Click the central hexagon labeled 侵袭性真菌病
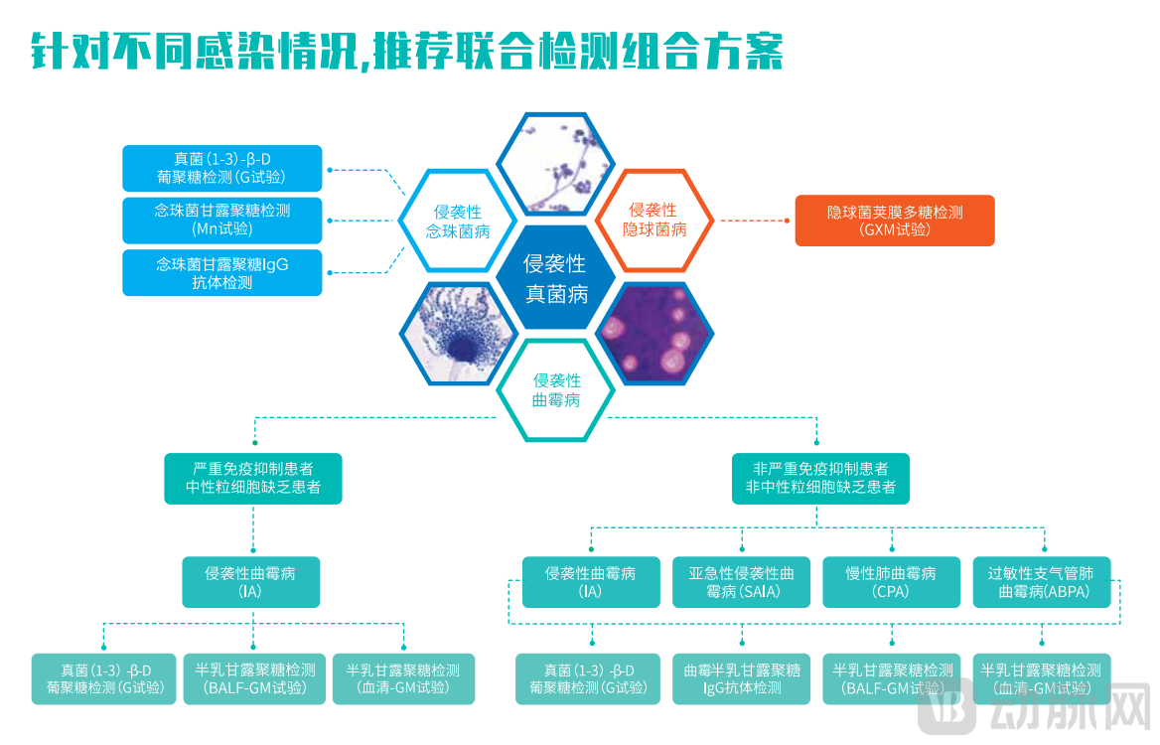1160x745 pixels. [x=555, y=278]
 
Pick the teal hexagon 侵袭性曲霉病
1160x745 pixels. [x=556, y=389]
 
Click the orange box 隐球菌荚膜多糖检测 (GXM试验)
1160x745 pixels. [x=894, y=221]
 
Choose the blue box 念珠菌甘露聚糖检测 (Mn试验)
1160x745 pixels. [x=222, y=221]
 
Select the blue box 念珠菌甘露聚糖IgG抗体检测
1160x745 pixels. [x=222, y=273]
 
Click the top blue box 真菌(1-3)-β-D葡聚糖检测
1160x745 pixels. [x=222, y=169]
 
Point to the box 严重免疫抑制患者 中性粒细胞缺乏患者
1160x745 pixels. [x=252, y=478]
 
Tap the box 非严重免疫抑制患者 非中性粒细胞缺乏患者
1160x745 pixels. [x=820, y=478]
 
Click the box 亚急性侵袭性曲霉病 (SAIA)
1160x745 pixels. [x=742, y=582]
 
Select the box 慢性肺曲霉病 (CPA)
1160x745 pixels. [x=891, y=582]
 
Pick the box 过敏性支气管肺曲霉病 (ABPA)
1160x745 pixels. [x=1042, y=582]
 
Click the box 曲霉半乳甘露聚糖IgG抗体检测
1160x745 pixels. [x=742, y=678]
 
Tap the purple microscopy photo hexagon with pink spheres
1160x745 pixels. [x=654, y=334]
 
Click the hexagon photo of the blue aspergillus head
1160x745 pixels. [x=457, y=334]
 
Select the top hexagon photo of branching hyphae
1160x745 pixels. [x=555, y=164]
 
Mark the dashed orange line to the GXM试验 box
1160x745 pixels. [x=755, y=221]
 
